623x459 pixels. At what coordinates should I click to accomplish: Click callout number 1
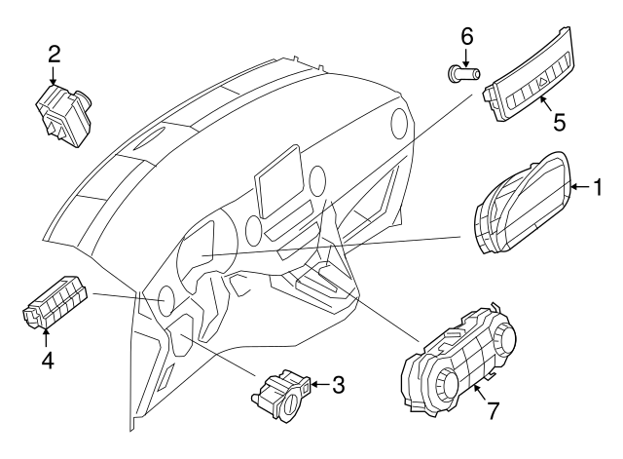597,187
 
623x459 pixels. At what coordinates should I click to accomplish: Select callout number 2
55,55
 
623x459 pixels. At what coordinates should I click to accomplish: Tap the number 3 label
338,385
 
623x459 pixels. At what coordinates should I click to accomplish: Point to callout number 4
48,361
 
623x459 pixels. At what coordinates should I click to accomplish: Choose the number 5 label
559,122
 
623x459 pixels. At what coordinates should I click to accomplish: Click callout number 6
467,37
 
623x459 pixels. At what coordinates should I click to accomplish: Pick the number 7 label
493,411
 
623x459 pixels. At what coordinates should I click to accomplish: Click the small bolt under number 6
463,74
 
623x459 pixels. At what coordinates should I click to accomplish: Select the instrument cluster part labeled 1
524,203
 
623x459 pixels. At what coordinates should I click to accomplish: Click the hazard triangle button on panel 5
542,82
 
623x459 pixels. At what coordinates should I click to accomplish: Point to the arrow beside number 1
581,186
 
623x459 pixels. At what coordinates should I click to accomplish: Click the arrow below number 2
53,76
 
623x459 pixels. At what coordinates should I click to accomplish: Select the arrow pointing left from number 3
319,384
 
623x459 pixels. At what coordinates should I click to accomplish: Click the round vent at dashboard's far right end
398,123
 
